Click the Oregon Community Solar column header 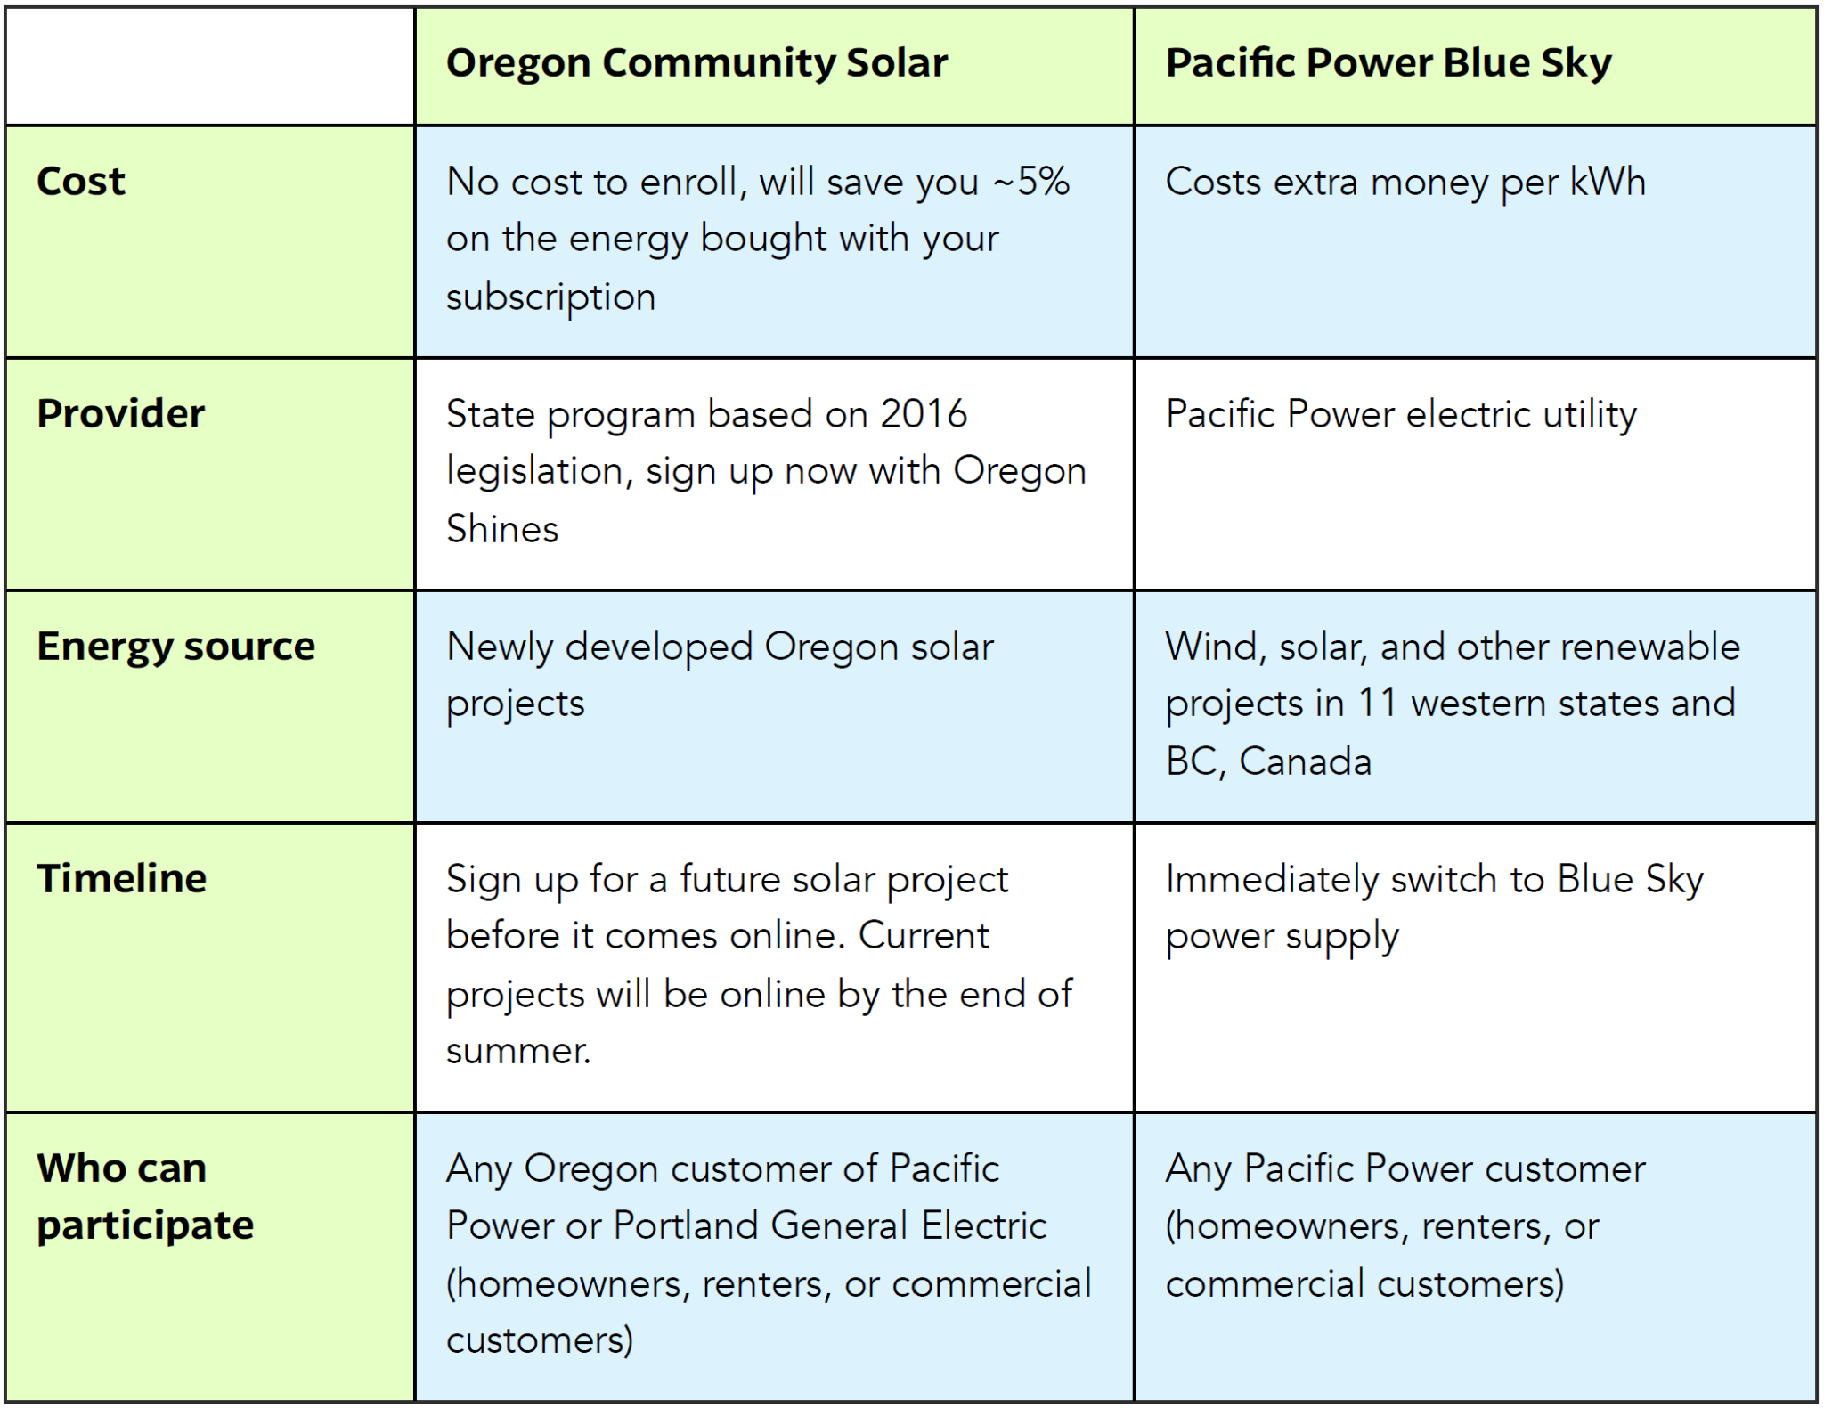coord(696,63)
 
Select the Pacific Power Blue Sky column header coord(1388,63)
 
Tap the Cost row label coord(81,182)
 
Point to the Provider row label coord(121,414)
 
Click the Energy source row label coord(176,647)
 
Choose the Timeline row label coord(122,879)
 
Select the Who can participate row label coord(145,1196)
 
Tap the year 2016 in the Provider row coord(924,414)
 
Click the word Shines coord(502,529)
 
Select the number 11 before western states coord(1377,704)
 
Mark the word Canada coord(1305,761)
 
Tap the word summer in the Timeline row coord(517,1052)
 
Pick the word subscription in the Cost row coord(550,297)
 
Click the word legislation coord(539,471)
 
